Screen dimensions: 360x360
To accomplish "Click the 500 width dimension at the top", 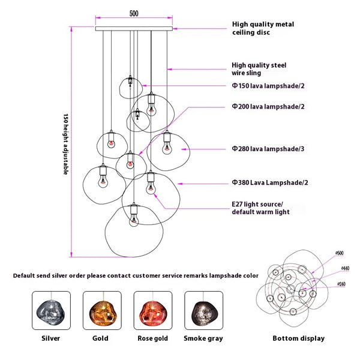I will click(x=134, y=13).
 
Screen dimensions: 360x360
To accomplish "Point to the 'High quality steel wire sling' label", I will click(x=259, y=68).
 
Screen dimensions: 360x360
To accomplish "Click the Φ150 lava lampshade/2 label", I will click(x=268, y=86).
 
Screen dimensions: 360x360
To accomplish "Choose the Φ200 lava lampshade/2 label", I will click(x=268, y=106).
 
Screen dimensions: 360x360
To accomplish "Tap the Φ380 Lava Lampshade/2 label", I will click(x=270, y=182).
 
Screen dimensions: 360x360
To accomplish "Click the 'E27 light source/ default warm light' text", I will click(x=260, y=208).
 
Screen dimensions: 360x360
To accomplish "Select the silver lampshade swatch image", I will click(x=51, y=310).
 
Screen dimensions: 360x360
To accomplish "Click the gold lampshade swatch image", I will click(x=101, y=310).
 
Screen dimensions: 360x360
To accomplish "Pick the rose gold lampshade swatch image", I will click(x=152, y=310).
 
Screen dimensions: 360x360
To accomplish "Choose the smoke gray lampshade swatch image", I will click(x=203, y=310).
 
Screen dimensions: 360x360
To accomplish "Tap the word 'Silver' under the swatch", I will click(x=51, y=338).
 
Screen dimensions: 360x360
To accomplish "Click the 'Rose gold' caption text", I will click(x=152, y=338).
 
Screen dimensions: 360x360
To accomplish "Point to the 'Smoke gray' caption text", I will click(x=203, y=338).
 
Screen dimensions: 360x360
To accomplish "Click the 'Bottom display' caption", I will click(x=298, y=338).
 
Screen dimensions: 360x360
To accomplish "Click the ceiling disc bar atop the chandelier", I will click(x=134, y=28).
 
